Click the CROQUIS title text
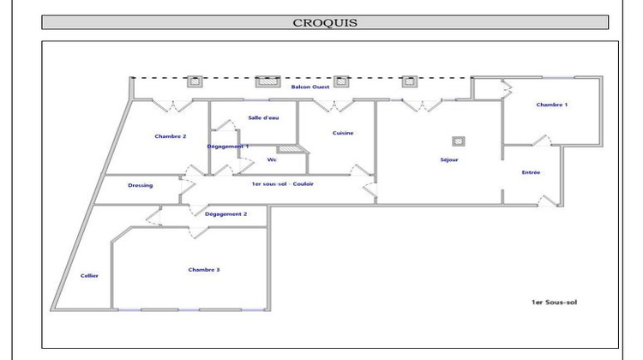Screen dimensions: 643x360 click(325, 22)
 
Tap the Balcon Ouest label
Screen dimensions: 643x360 click(310, 87)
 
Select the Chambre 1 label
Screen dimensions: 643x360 click(551, 105)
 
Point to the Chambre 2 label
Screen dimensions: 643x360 click(171, 136)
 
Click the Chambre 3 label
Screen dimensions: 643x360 click(204, 269)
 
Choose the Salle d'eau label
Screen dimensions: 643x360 click(263, 117)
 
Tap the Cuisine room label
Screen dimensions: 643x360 click(343, 133)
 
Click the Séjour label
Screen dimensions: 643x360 click(449, 159)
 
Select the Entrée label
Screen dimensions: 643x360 click(531, 172)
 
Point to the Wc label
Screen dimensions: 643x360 click(272, 159)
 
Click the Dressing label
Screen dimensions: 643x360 click(141, 185)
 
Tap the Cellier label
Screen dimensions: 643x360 click(89, 275)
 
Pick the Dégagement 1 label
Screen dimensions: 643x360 click(227, 147)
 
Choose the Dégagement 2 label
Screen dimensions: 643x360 click(225, 214)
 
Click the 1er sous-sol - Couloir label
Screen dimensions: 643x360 click(283, 183)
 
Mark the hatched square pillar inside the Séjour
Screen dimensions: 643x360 click(459, 141)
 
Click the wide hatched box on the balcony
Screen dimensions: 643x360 click(267, 81)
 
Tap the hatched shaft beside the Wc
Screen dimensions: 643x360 click(290, 149)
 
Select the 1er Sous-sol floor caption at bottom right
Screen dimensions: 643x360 click(554, 303)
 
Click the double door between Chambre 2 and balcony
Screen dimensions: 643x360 click(172, 105)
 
